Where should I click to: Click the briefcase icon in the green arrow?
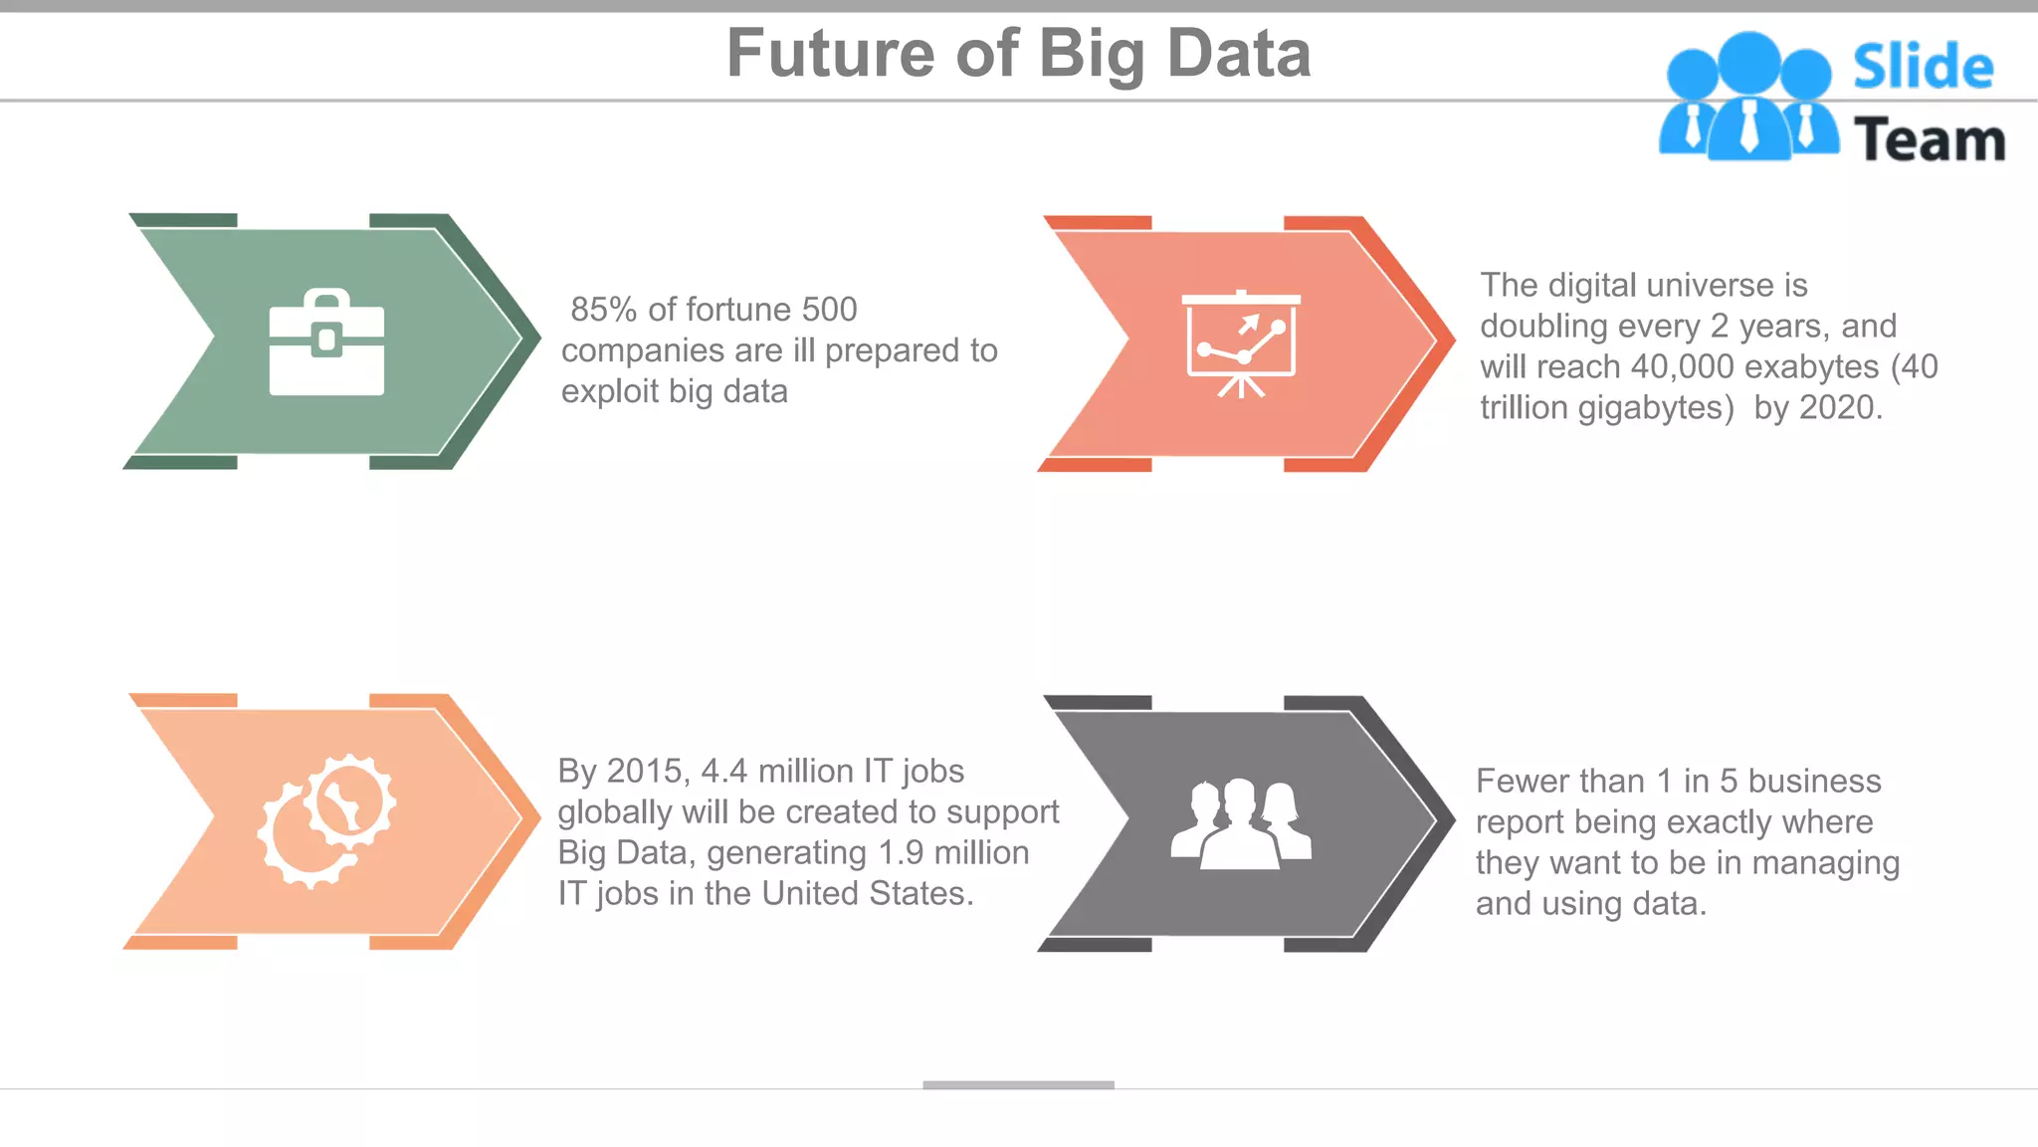pyautogui.click(x=326, y=343)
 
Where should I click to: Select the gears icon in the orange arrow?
pyautogui.click(x=327, y=820)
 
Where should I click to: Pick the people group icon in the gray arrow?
pyautogui.click(x=1241, y=823)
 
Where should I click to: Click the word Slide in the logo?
pyautogui.click(x=1923, y=68)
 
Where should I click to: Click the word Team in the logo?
pyautogui.click(x=1930, y=139)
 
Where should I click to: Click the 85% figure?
pyautogui.click(x=603, y=310)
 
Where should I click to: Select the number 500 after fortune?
pyautogui.click(x=829, y=310)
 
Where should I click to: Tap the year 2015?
pyautogui.click(x=644, y=772)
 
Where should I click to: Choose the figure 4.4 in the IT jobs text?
pyautogui.click(x=724, y=772)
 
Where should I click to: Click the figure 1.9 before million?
pyautogui.click(x=902, y=853)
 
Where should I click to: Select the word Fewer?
pyautogui.click(x=1519, y=782)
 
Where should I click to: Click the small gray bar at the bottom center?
pyautogui.click(x=1018, y=1084)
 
